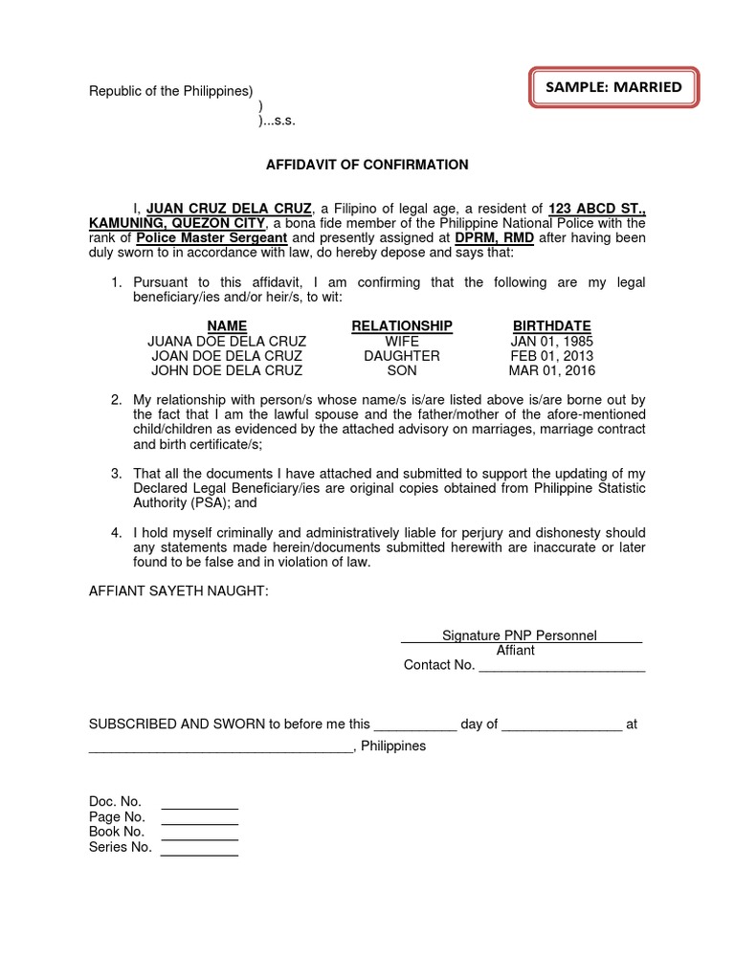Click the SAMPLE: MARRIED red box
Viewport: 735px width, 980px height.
pos(613,87)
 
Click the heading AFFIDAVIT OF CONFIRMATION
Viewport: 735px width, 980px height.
pos(367,165)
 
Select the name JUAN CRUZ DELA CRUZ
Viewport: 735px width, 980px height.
pos(229,208)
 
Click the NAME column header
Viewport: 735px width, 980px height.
pos(227,326)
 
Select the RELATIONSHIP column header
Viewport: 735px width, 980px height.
pos(402,326)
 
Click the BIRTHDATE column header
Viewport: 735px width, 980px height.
pos(551,326)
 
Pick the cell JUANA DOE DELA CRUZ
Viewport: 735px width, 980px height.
pos(227,341)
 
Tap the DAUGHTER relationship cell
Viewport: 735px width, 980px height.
pos(402,356)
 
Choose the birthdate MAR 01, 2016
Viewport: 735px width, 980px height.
pos(551,370)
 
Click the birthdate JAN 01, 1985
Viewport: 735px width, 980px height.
pos(551,341)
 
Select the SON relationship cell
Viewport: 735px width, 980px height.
pos(402,370)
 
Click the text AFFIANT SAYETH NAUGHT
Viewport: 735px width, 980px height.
pos(179,592)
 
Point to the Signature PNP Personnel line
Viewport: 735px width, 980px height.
pos(520,635)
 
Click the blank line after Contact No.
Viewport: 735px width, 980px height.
pos(562,667)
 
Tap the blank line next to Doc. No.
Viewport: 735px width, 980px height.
pos(199,803)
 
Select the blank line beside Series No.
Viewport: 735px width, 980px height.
pos(199,848)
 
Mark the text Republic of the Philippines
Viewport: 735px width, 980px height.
pos(170,92)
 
